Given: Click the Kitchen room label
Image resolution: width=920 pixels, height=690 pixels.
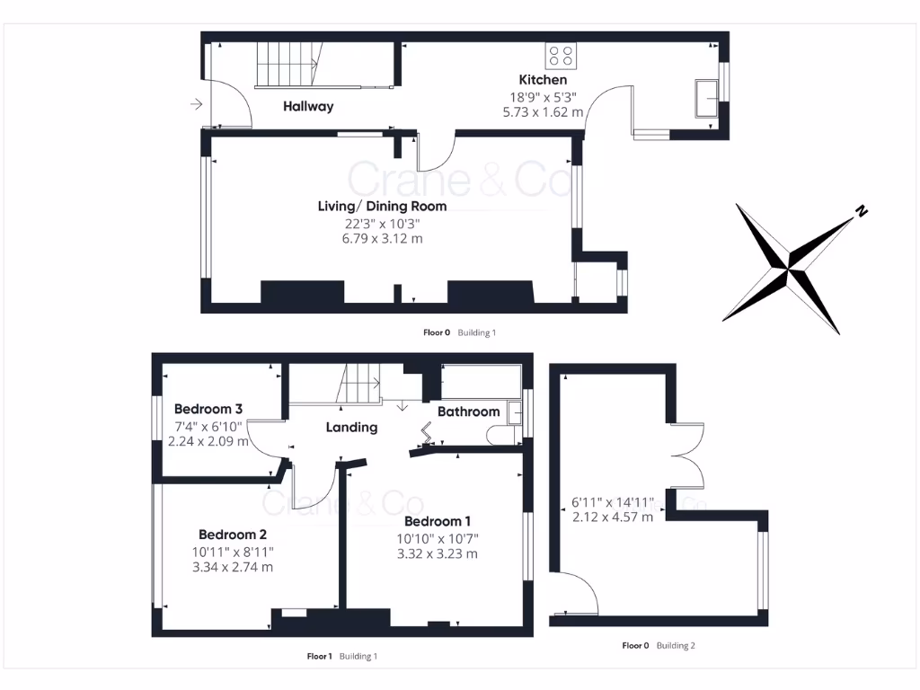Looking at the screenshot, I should pos(543,80).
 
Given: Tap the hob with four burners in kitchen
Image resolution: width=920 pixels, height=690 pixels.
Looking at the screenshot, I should pos(562,56).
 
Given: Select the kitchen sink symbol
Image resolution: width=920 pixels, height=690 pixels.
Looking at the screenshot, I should pos(706,97).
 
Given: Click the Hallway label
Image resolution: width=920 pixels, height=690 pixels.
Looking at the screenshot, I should pos(308,106).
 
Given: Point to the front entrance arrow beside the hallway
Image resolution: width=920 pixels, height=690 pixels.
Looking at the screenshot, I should pos(197,106).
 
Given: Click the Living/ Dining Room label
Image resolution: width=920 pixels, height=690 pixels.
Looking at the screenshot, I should pos(382,206).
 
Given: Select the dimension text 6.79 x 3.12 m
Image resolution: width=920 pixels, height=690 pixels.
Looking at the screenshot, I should pos(382,239).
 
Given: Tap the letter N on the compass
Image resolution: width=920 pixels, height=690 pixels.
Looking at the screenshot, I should pos(861,212).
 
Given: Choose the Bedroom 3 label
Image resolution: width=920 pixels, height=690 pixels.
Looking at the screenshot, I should pos(208,409).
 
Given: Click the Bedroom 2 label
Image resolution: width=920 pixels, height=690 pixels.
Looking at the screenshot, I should pos(233,533).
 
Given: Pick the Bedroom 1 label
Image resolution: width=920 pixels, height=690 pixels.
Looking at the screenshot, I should pos(438,521).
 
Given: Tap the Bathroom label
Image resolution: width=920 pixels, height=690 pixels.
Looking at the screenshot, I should pos(468,411).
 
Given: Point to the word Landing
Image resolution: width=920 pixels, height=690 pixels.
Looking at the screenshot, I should pos(351,427).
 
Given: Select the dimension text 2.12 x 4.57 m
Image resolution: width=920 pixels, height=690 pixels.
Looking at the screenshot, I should pos(613,517).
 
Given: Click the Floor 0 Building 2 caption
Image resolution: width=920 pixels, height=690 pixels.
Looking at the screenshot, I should pos(659,645).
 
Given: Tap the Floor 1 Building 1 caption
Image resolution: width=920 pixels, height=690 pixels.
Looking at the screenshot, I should pos(341,656).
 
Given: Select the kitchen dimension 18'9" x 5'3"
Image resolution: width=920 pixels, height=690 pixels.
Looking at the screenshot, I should pos(543,97).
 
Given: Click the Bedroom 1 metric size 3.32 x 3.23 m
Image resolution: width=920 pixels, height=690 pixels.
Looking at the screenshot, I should pos(438,553).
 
